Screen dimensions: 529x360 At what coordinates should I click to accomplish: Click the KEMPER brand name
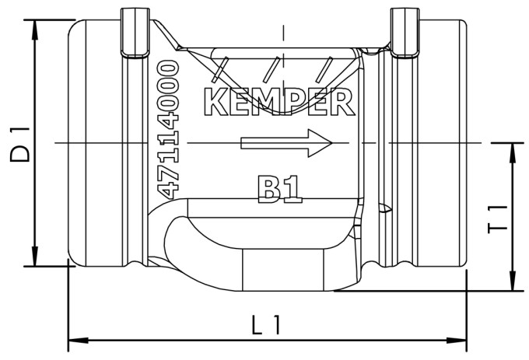(x=279, y=102)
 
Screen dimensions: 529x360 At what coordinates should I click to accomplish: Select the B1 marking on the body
(x=279, y=189)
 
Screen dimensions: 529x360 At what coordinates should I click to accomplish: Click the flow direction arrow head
(x=320, y=143)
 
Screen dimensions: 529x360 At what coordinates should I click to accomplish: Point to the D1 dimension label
(x=20, y=145)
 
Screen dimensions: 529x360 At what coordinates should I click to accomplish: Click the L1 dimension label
(x=266, y=324)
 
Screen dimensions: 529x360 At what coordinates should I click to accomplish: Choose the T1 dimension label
(x=498, y=219)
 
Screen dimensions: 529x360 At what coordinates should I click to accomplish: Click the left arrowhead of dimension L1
(x=79, y=340)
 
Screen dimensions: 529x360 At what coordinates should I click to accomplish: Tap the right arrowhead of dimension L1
(x=457, y=340)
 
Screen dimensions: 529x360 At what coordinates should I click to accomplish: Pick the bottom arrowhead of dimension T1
(x=513, y=281)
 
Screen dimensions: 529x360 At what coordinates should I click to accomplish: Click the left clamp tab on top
(x=135, y=33)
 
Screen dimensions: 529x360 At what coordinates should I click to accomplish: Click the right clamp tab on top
(x=405, y=33)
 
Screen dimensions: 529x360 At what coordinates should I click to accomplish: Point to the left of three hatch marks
(x=220, y=69)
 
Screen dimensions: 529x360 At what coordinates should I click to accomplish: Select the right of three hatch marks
(x=324, y=69)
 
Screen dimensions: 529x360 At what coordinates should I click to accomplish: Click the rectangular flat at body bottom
(x=283, y=270)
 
